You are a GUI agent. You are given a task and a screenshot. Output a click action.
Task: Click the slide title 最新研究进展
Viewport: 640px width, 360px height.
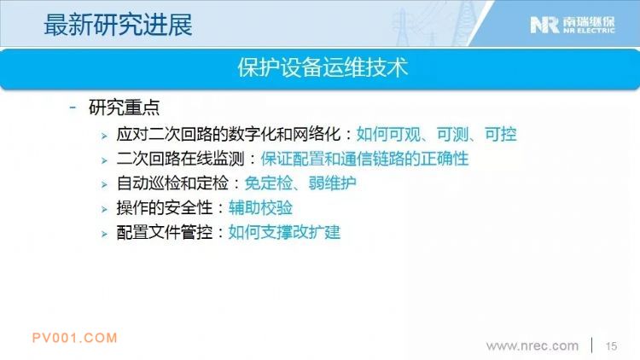coord(118,25)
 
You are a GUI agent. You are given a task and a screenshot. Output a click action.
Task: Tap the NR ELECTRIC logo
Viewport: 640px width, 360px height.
coord(573,25)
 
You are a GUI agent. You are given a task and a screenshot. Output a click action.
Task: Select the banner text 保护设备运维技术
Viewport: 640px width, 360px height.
coord(323,67)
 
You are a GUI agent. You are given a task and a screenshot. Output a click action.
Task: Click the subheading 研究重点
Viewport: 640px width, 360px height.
coord(124,107)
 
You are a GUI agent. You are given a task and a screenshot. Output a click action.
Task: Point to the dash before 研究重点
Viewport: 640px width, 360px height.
coord(73,107)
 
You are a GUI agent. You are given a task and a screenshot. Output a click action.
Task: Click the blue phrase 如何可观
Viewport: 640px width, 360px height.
coord(388,134)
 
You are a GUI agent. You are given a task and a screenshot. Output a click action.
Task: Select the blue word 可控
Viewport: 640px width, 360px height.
coord(500,134)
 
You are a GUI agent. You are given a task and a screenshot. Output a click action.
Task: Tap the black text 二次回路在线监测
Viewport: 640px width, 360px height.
coord(180,159)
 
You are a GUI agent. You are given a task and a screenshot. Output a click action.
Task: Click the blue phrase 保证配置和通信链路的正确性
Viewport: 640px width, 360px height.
coord(364,159)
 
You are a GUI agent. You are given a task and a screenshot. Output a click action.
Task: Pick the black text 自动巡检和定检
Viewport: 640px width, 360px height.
coord(172,183)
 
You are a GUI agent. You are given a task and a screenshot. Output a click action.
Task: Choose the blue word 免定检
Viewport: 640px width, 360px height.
coord(268,183)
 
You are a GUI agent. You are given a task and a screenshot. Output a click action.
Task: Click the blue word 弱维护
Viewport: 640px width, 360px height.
coord(332,183)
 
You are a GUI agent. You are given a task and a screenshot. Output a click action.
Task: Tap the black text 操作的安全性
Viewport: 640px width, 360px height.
coord(165,208)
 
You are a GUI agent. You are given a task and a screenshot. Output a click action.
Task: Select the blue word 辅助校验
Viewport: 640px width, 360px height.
coord(260,208)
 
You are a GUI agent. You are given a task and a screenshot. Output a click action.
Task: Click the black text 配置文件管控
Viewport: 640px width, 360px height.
coord(165,232)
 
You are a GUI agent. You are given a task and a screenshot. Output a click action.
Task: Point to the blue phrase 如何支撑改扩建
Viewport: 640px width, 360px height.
coord(284,232)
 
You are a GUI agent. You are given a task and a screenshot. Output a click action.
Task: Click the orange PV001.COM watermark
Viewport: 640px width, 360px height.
coord(75,338)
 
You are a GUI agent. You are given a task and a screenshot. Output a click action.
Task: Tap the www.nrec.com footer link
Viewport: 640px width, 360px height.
coord(532,345)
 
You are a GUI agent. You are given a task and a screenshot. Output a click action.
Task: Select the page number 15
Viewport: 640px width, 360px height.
coord(611,346)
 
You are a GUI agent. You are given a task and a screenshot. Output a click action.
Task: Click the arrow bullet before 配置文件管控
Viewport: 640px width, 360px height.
coord(104,234)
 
